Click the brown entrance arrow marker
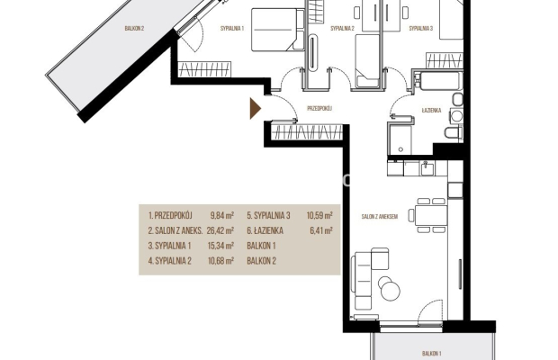click(x=255, y=109)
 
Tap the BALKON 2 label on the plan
click(x=134, y=29)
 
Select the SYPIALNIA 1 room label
click(x=232, y=29)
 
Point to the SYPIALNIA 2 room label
click(x=342, y=29)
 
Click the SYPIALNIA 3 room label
click(x=421, y=29)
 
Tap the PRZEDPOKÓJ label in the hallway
click(x=319, y=109)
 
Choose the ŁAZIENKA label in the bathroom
click(x=431, y=111)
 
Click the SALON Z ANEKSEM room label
click(x=380, y=216)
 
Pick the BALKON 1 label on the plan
click(x=432, y=353)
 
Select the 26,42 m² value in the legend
click(x=220, y=230)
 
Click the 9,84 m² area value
click(x=222, y=215)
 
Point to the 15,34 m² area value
click(x=220, y=246)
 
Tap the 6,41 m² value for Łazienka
click(x=321, y=230)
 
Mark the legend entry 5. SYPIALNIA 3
click(x=269, y=215)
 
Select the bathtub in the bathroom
click(x=441, y=81)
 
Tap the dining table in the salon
click(x=431, y=215)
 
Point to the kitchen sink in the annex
click(x=427, y=168)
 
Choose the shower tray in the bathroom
click(x=400, y=139)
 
